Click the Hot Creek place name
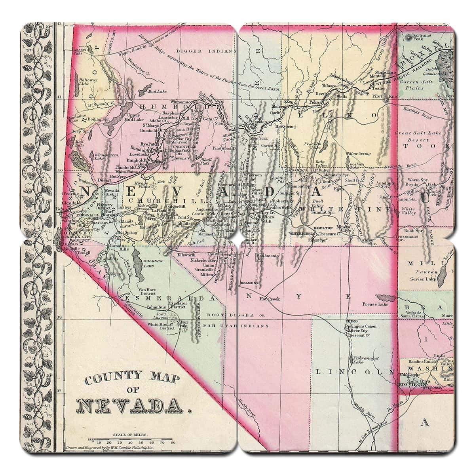[270, 299]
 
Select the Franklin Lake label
[315, 146]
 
